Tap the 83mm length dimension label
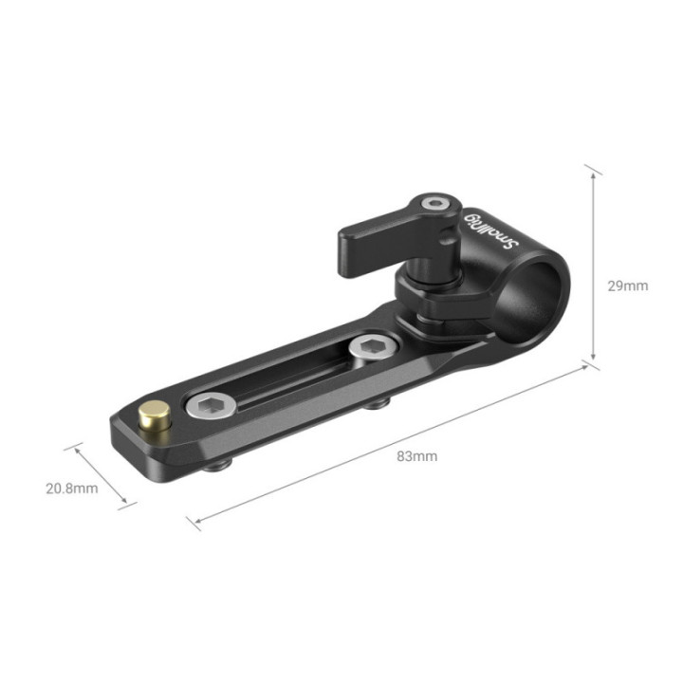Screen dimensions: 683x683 click(416, 456)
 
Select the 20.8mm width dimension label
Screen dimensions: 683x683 click(72, 489)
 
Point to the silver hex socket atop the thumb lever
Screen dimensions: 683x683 click(435, 203)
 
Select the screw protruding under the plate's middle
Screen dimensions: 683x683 click(378, 403)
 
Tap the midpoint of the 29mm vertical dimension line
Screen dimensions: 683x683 click(594, 266)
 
